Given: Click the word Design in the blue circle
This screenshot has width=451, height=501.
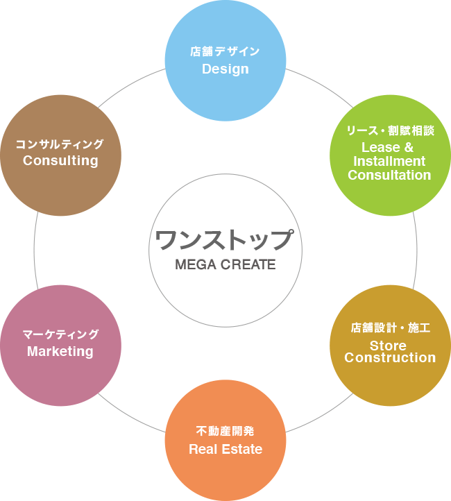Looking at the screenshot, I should pyautogui.click(x=226, y=69).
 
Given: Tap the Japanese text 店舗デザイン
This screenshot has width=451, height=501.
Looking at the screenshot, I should pyautogui.click(x=226, y=51).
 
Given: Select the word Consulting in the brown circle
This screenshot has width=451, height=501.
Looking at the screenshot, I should pyautogui.click(x=60, y=160).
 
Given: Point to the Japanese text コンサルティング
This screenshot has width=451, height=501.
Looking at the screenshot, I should pyautogui.click(x=60, y=144).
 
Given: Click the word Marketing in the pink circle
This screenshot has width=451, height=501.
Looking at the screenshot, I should pyautogui.click(x=60, y=351).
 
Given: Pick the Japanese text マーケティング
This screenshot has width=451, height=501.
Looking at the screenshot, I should pyautogui.click(x=60, y=334).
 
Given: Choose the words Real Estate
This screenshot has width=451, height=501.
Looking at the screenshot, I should pyautogui.click(x=226, y=449).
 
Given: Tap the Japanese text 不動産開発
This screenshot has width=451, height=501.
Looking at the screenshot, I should pyautogui.click(x=226, y=432).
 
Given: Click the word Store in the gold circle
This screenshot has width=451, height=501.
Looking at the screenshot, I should pyautogui.click(x=388, y=345).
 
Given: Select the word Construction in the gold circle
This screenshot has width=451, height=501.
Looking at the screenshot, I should pyautogui.click(x=390, y=358).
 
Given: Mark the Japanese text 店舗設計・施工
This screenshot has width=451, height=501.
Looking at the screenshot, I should pyautogui.click(x=390, y=328).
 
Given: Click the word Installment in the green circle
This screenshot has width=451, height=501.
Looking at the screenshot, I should pyautogui.click(x=389, y=162).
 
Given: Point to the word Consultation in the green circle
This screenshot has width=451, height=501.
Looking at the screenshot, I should pyautogui.click(x=389, y=176).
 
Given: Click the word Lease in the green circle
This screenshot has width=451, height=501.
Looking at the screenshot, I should pyautogui.click(x=380, y=148).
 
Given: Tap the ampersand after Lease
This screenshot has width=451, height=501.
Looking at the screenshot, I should pyautogui.click(x=409, y=148).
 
